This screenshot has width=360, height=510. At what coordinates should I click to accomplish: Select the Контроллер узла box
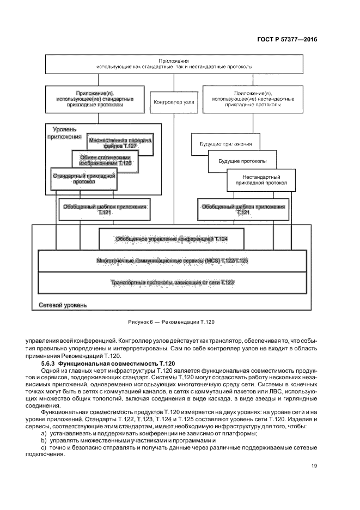tap(174, 101)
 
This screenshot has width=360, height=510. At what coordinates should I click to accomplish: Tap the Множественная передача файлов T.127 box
tap(120, 143)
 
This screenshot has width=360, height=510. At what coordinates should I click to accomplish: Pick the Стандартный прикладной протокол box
tap(84, 179)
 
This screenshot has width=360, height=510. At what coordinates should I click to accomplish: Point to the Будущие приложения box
tap(224, 144)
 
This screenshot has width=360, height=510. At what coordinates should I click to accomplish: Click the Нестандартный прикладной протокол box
tap(261, 180)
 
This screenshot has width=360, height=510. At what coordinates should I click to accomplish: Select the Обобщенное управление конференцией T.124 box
tap(171, 239)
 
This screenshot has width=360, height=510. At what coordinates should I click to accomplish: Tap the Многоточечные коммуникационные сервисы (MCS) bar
tap(171, 261)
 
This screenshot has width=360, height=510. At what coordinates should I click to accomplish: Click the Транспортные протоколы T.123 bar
tap(171, 283)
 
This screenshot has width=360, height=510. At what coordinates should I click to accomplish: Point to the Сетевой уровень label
tap(63, 305)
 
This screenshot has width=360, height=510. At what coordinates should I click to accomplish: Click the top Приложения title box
tap(174, 64)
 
